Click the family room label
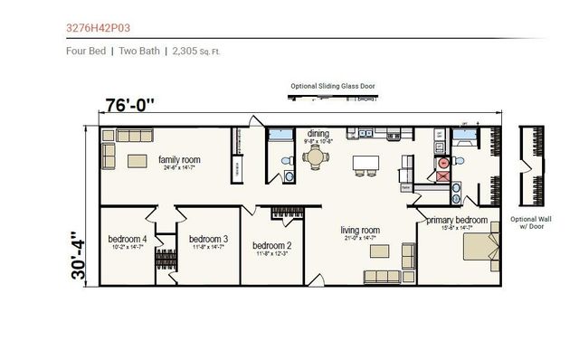179,160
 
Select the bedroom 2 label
271,245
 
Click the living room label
360,230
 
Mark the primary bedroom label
458,220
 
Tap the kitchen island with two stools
366,163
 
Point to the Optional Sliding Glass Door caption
333,87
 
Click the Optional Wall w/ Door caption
529,224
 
